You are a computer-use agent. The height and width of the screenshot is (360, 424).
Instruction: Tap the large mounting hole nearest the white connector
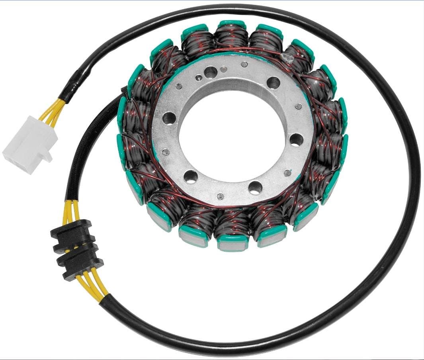tap(170, 117)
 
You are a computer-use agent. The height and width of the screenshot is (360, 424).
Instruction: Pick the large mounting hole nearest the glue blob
tap(274, 82)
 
